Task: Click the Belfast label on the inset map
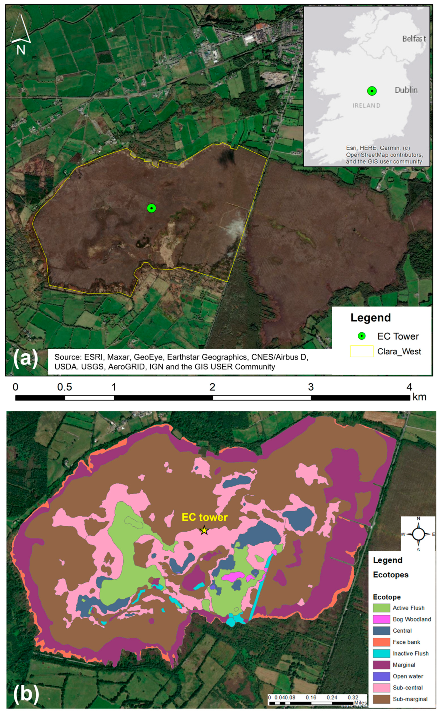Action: click(x=414, y=39)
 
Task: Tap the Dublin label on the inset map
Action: click(x=406, y=90)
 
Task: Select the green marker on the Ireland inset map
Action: click(x=372, y=91)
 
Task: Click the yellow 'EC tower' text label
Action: click(x=204, y=518)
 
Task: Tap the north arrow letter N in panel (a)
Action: click(x=21, y=50)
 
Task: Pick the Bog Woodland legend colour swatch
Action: click(x=381, y=619)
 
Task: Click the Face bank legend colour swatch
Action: click(x=381, y=642)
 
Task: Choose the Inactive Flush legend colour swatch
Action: click(x=381, y=653)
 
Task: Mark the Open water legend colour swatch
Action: click(x=381, y=676)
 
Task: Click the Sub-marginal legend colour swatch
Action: click(x=381, y=699)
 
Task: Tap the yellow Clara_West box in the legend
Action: click(x=361, y=351)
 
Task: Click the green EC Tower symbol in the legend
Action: click(x=361, y=336)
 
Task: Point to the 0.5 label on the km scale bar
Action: click(x=65, y=387)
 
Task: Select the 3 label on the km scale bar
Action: click(x=311, y=387)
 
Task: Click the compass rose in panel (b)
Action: click(x=418, y=534)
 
